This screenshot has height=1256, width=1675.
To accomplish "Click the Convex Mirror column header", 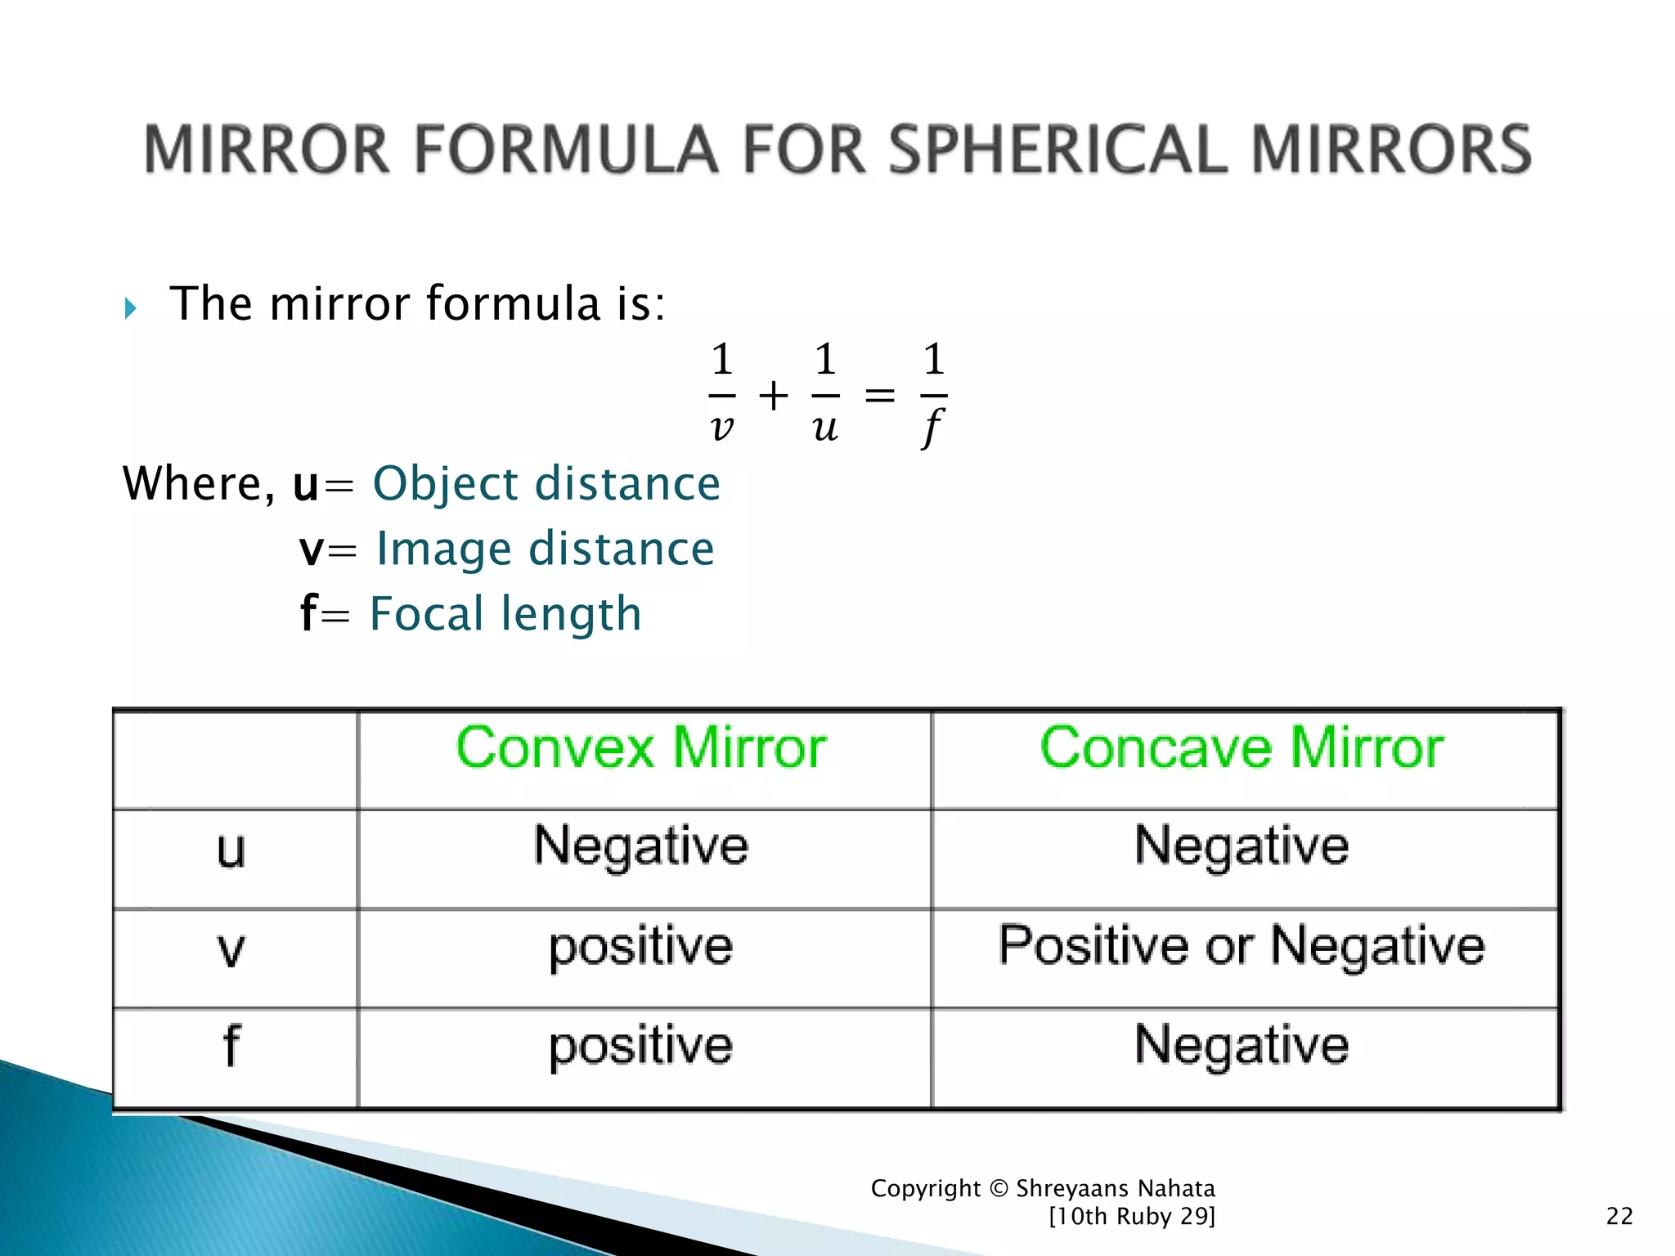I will click(641, 747).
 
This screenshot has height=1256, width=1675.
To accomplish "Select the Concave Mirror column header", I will click(1242, 747).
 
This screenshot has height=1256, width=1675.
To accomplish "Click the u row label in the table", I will click(231, 850).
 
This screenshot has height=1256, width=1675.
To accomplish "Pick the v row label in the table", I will click(231, 949).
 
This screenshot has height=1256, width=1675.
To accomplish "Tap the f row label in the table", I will click(231, 1047).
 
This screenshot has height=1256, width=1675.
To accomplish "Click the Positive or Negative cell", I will click(1242, 946).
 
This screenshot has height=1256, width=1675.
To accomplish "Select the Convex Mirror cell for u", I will click(641, 846).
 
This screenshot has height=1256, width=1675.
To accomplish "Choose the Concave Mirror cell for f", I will click(1242, 1046).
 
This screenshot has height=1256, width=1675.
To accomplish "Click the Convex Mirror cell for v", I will click(641, 948).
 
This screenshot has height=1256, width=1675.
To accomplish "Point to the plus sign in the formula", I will click(774, 397).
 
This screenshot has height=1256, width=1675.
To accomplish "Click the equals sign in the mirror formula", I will click(880, 397).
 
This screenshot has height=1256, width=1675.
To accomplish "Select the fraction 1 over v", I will click(721, 392).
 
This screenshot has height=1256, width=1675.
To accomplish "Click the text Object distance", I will click(546, 483).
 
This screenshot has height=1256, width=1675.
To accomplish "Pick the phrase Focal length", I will click(505, 614).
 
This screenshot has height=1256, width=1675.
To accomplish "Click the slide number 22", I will click(1619, 1216).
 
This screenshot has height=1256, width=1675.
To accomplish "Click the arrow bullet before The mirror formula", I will click(131, 308).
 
